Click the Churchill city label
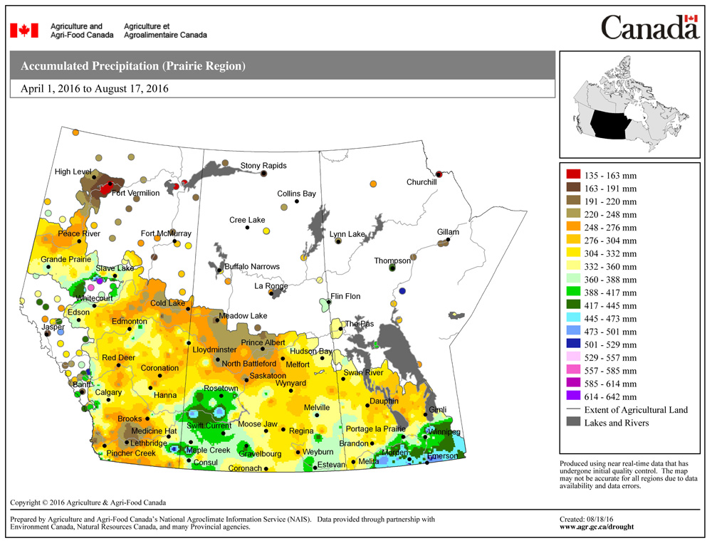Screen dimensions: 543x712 pos(421,182)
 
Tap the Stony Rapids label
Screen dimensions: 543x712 pos(263,166)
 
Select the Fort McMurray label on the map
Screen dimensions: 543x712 pos(166,233)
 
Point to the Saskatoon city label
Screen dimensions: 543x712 pos(268,376)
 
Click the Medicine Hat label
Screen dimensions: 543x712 pos(151,431)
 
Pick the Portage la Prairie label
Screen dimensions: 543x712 pos(375,428)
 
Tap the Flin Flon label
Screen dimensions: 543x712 pos(345,296)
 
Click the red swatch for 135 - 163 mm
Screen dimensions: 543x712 pos(572,175)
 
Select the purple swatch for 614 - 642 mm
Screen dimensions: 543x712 pos(572,396)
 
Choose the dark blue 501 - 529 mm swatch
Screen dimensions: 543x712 pos(572,344)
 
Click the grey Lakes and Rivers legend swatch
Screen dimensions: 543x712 pos(572,423)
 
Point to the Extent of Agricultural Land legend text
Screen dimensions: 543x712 pos(636,410)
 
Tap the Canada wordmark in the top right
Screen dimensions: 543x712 pos(649,28)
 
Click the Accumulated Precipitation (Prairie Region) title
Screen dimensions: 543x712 pos(133,66)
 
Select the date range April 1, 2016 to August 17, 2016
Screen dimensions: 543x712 pos(95,89)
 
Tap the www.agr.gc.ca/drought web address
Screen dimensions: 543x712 pos(597,527)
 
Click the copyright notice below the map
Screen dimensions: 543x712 pos(88,502)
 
